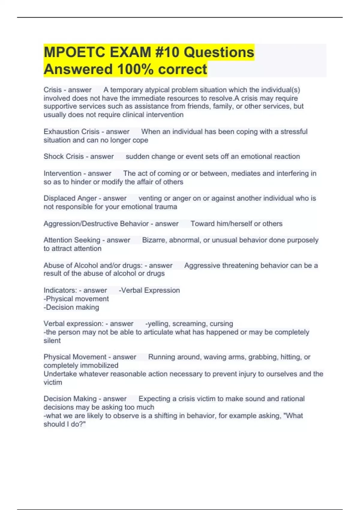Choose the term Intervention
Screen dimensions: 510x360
pyautogui.click(x=62, y=173)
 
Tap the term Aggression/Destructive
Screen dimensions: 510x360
pyautogui.click(x=81, y=224)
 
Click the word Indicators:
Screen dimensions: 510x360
pyautogui.click(x=60, y=290)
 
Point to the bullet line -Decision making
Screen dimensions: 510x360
pyautogui.click(x=71, y=307)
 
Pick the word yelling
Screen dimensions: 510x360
pyautogui.click(x=158, y=324)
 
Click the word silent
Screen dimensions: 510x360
pyautogui.click(x=52, y=340)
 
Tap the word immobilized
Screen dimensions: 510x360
pyautogui.click(x=100, y=365)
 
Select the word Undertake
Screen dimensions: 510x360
pyautogui.click(x=60, y=374)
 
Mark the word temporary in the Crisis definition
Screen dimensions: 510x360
pyautogui.click(x=126, y=90)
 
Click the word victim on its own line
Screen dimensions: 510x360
pyautogui.click(x=53, y=382)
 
